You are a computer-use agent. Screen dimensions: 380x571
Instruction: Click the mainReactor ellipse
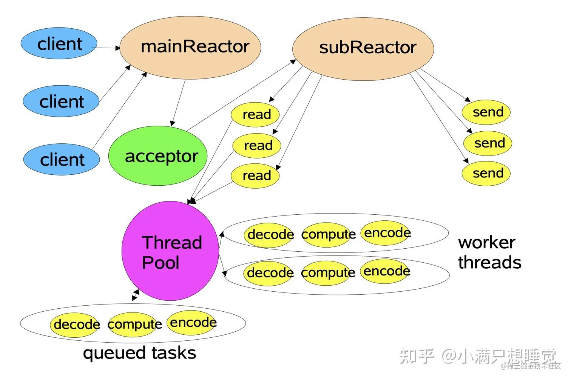point(190,47)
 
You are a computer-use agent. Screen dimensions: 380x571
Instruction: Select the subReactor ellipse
point(363,48)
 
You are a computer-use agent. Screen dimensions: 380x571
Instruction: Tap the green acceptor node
point(158,156)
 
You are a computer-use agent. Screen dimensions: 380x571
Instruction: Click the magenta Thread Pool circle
point(170,251)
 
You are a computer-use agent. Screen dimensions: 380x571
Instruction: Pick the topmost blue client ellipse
point(59,44)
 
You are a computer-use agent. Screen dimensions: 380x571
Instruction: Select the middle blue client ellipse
point(61,102)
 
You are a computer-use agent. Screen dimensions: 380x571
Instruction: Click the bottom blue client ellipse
point(62,160)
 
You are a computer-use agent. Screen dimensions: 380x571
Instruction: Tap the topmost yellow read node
point(255,114)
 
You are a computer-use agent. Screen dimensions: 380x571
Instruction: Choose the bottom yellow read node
point(255,175)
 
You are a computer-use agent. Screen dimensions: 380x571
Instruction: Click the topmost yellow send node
point(486,112)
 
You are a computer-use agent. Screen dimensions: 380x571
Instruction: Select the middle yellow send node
point(488,143)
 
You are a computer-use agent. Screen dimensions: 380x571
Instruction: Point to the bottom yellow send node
point(486,173)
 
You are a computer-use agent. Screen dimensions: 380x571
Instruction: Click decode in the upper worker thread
point(269,235)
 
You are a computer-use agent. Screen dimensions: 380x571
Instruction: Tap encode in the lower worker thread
point(386,271)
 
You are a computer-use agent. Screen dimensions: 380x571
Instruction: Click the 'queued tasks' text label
point(139,353)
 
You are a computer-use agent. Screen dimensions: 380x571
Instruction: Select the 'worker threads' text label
point(489,252)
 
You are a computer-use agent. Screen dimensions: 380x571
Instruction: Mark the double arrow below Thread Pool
point(136,295)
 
